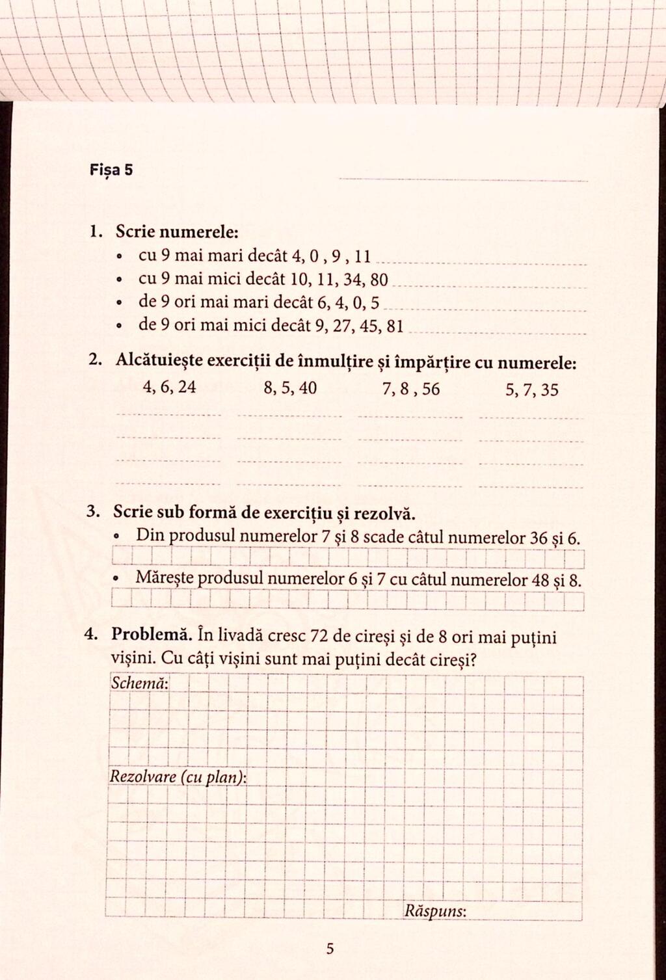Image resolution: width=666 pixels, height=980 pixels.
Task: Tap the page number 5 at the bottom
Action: (330, 949)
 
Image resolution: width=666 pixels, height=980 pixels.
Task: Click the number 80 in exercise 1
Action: (378, 280)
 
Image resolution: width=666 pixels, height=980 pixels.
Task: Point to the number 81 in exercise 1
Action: (395, 326)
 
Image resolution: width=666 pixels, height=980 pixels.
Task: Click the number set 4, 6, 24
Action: (169, 388)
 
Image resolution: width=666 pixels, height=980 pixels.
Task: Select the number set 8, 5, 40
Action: (291, 389)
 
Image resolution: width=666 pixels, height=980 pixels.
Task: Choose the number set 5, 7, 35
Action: (531, 390)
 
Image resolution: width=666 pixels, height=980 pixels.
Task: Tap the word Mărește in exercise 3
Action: (164, 578)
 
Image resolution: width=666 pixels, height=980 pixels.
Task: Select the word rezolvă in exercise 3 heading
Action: (384, 513)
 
